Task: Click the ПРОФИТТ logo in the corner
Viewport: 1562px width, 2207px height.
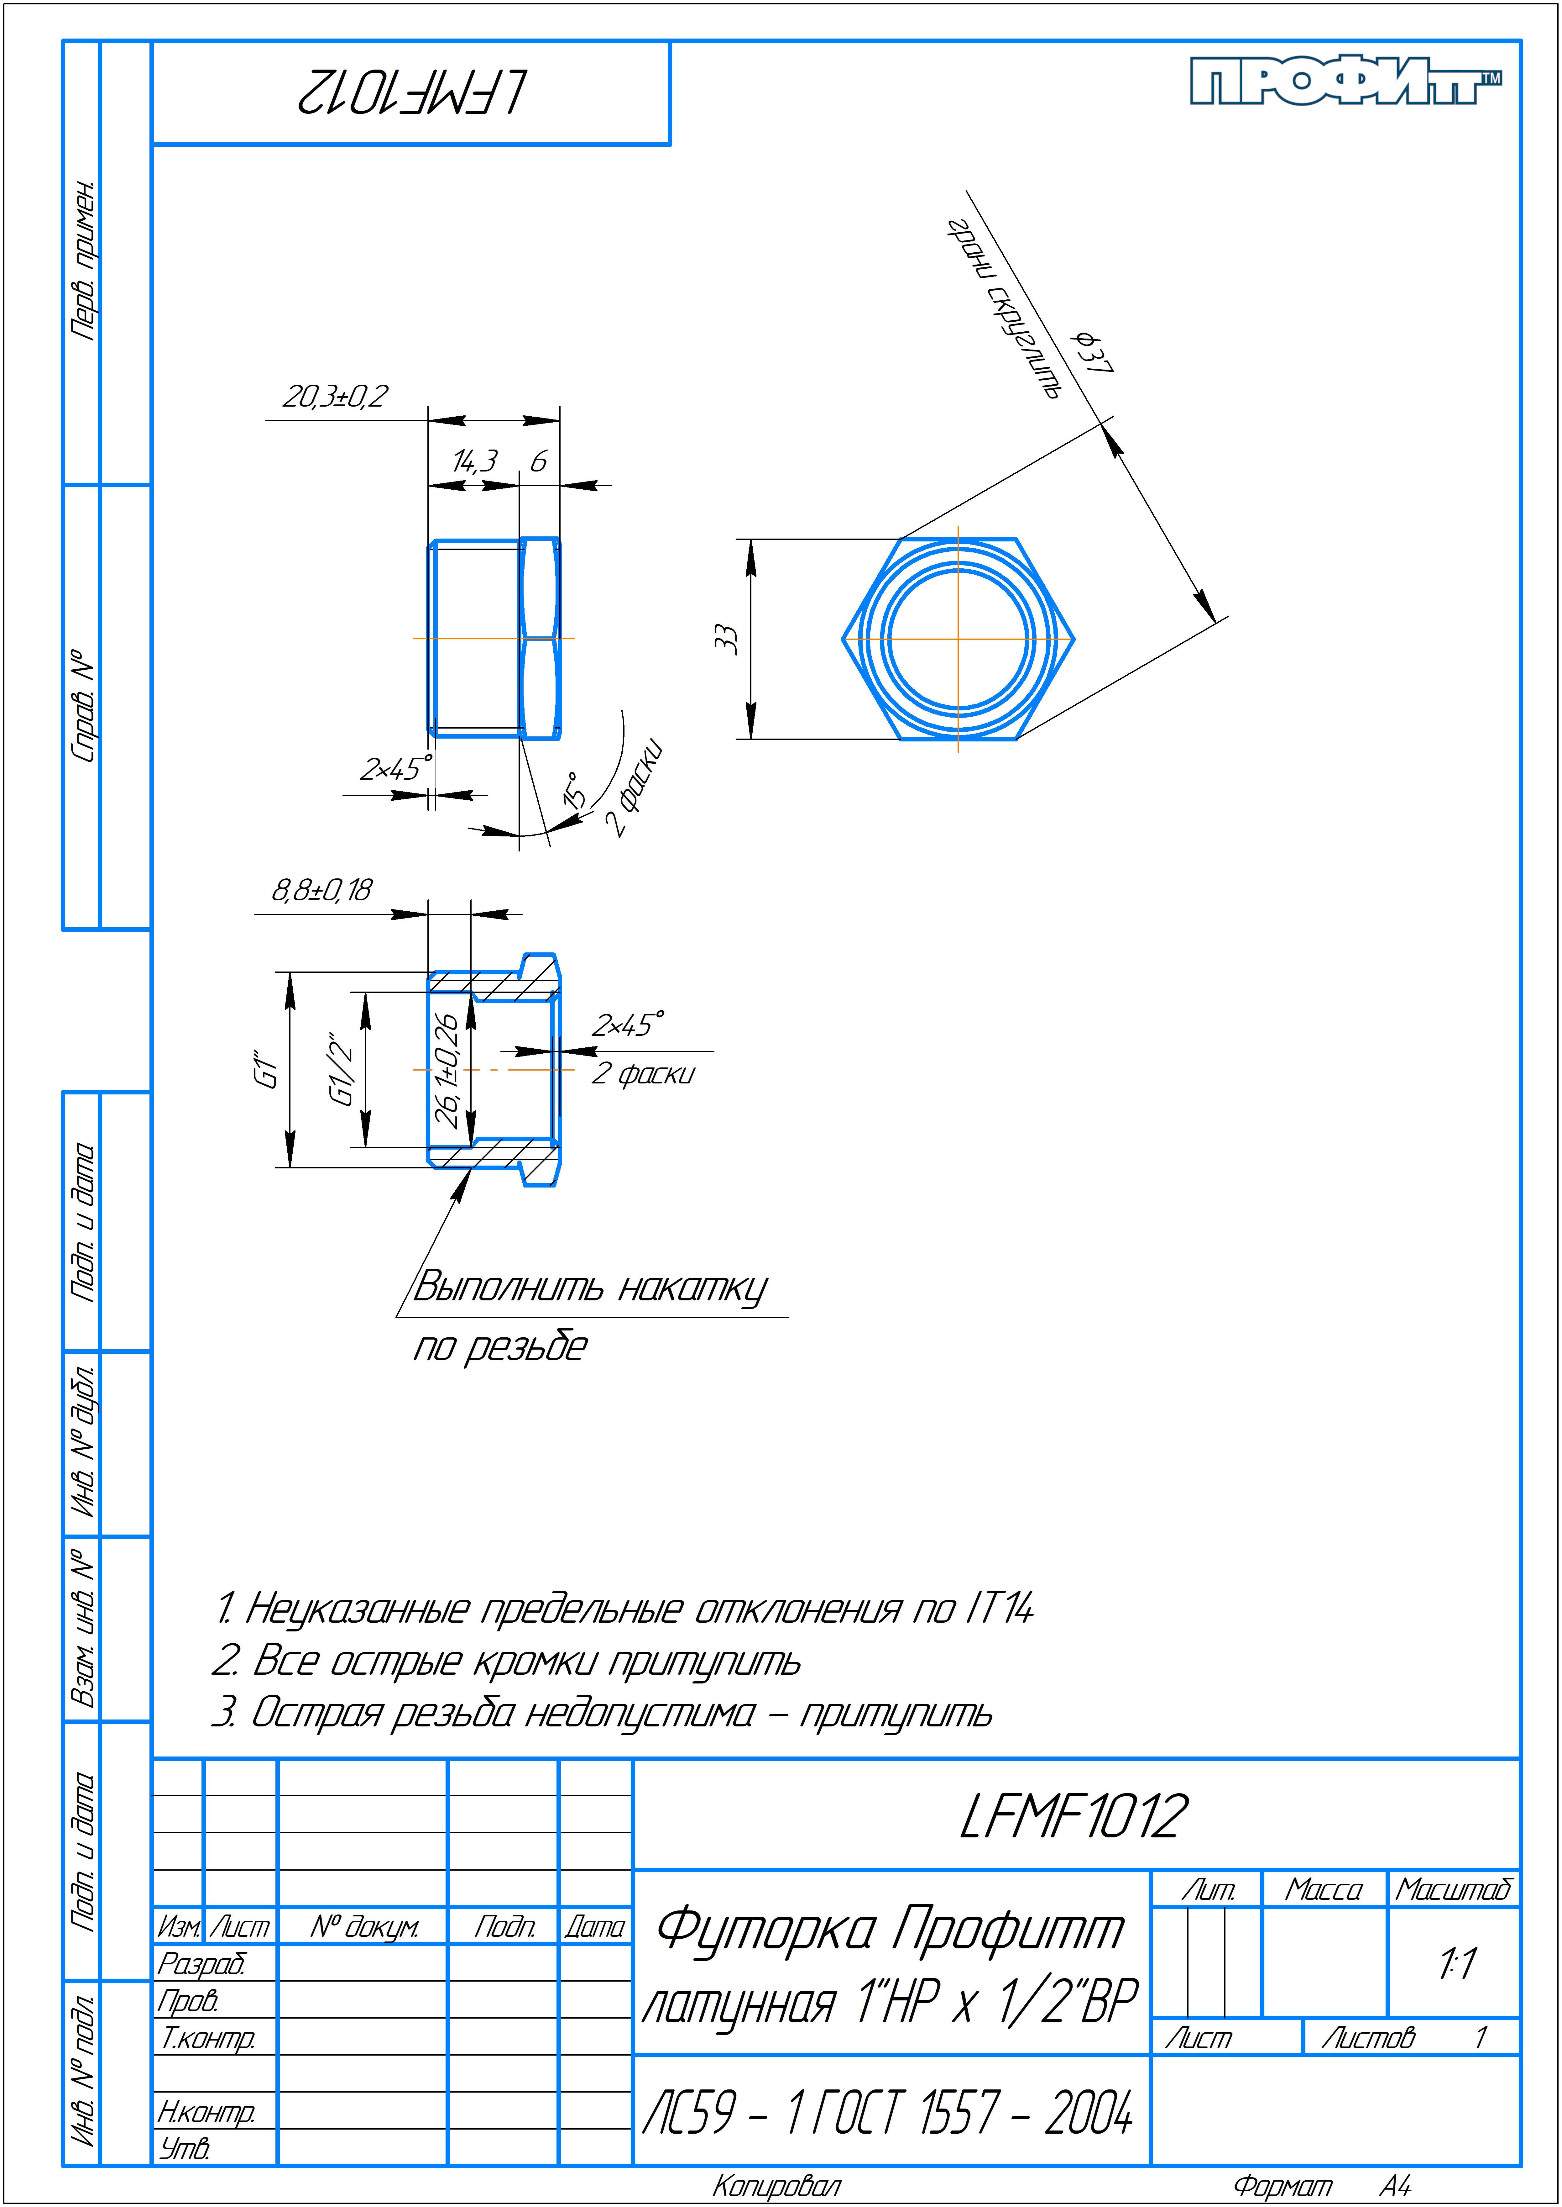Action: pos(1345,81)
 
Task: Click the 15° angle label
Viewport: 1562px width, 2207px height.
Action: pos(574,789)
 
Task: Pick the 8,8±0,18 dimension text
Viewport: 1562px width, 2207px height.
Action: pos(321,890)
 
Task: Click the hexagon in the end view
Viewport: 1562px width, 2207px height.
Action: pos(958,639)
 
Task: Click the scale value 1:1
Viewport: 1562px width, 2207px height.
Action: pos(1456,1964)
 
